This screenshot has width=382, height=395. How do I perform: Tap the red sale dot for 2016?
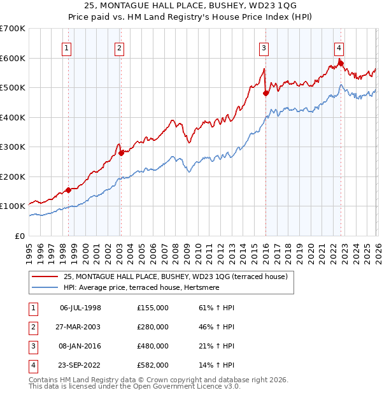[265, 94]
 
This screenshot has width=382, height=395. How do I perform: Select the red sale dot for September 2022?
[341, 62]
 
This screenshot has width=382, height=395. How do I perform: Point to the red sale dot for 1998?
[68, 190]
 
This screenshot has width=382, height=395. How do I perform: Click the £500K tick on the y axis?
[12, 87]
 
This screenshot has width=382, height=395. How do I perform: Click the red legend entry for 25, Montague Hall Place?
[175, 277]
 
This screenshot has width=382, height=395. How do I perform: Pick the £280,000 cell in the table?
[152, 327]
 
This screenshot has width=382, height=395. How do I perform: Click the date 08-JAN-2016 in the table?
[80, 346]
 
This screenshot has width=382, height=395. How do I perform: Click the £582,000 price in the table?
[152, 365]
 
